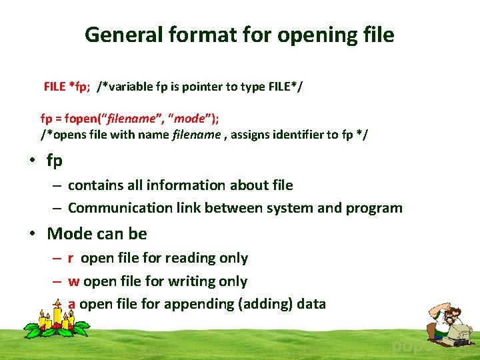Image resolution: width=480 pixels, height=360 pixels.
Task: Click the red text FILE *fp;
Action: point(67,86)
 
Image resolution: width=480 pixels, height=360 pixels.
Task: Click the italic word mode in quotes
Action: point(189,119)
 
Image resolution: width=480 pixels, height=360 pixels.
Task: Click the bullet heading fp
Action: point(55,161)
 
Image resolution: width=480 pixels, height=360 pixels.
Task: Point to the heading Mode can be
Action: point(97,233)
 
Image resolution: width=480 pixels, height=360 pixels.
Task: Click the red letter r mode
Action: point(71,258)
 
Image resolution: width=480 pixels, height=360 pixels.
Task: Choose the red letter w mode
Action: point(73,281)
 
